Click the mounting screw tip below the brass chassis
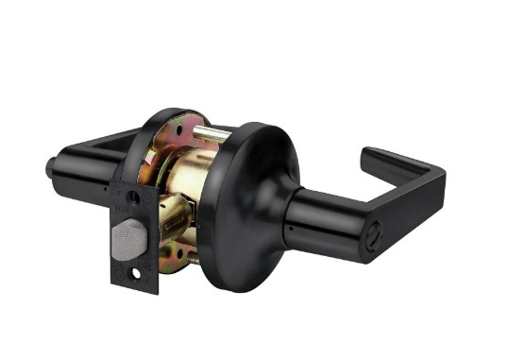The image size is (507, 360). (x=194, y=258)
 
